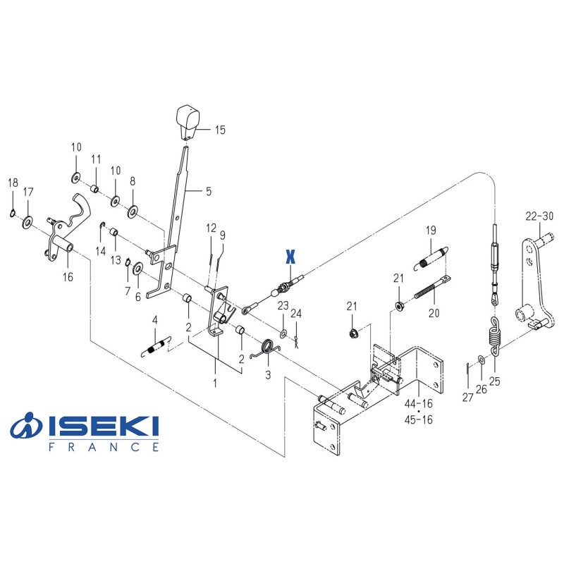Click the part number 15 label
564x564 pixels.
[221, 130]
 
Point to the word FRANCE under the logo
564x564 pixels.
[104, 447]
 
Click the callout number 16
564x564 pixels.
[68, 277]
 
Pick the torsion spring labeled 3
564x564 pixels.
[268, 348]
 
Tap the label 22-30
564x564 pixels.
[539, 216]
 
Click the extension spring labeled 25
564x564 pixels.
[493, 333]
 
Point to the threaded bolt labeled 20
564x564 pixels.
[430, 289]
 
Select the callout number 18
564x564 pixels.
[13, 183]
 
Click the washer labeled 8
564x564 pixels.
[132, 211]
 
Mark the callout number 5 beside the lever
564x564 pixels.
[208, 191]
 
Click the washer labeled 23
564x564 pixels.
[283, 331]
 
